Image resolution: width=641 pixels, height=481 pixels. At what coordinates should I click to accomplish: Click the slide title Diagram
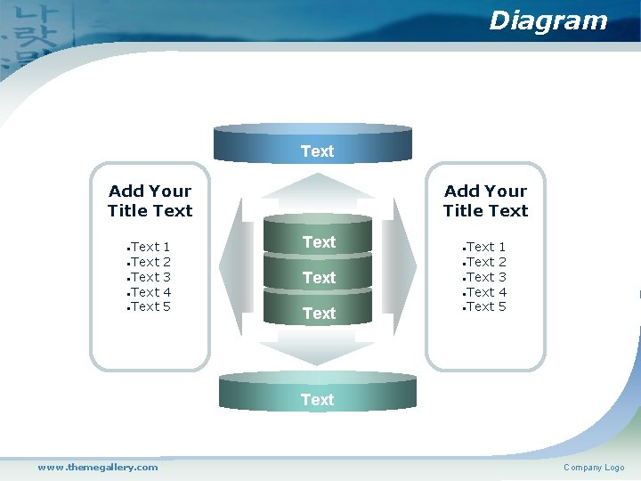[548, 20]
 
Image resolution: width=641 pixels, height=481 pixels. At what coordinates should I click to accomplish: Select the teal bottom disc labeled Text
[318, 395]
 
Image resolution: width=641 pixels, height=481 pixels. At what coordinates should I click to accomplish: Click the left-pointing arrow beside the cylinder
[233, 266]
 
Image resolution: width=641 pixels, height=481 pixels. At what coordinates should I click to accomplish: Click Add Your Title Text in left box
[150, 201]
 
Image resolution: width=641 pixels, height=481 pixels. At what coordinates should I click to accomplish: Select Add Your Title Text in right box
[485, 201]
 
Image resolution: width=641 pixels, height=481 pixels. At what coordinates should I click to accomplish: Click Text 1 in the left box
[150, 247]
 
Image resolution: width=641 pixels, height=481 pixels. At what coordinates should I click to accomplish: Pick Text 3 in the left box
[150, 277]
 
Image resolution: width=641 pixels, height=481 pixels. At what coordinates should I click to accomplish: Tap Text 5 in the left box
[150, 306]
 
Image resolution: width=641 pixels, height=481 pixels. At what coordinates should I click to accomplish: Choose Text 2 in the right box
[486, 262]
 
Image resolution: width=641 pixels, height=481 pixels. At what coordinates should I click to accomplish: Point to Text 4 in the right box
[486, 292]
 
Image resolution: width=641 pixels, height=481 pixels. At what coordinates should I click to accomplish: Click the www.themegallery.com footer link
[97, 467]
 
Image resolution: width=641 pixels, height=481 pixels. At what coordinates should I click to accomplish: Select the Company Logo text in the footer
[594, 468]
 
